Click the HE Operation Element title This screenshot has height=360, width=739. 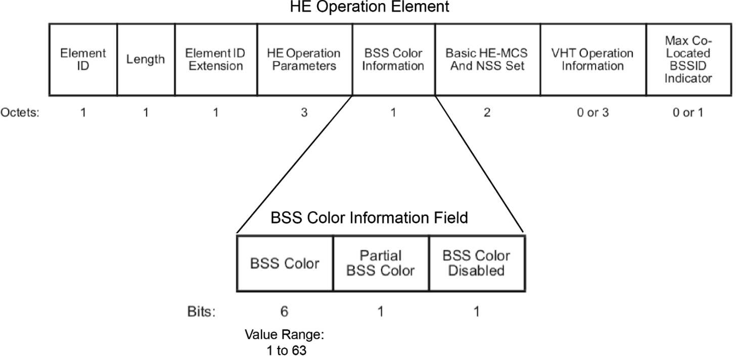point(370,8)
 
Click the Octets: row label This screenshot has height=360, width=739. point(21,112)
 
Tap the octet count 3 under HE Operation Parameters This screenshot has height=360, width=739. point(304,112)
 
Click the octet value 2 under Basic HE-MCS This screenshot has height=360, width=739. point(487,112)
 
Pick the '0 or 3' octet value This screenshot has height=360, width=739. point(592,112)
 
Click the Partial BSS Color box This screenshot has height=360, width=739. point(381,263)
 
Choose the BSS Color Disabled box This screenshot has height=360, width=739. point(477,263)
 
